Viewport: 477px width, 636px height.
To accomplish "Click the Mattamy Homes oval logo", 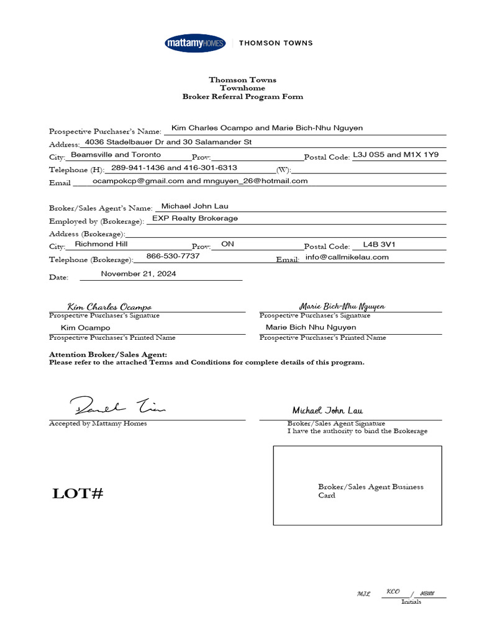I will click(x=196, y=43).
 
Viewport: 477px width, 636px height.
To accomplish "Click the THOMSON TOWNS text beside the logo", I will click(x=276, y=43).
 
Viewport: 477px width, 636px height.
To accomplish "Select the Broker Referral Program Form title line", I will click(x=243, y=96).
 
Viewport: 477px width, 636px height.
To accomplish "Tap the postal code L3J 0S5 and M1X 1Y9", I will click(x=396, y=155).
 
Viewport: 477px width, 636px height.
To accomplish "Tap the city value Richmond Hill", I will click(x=101, y=244).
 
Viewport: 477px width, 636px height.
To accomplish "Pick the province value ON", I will click(x=227, y=244).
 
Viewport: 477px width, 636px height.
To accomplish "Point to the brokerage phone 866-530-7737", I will click(x=173, y=256).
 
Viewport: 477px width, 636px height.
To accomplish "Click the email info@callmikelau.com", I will click(x=347, y=257).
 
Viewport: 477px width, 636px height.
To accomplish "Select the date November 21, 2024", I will click(x=139, y=274).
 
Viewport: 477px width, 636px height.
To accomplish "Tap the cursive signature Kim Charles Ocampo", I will click(x=109, y=307).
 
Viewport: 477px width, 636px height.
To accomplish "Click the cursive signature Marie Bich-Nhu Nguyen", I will click(x=342, y=306).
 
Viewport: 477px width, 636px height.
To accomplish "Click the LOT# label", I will click(x=78, y=494).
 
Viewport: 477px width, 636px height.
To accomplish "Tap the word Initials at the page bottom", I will click(x=411, y=601).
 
